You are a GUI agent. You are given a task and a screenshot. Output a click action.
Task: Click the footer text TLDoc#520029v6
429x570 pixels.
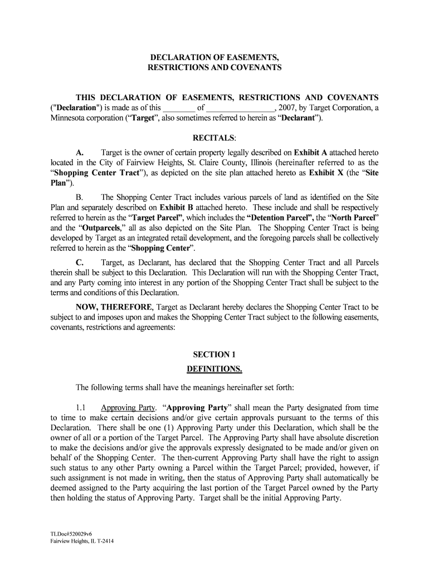(71, 534)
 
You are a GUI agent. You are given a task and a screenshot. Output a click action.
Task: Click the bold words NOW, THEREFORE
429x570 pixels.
(114, 307)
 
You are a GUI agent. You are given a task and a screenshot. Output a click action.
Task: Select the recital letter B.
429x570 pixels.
(80, 197)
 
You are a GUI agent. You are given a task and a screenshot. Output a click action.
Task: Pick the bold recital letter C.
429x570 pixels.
(80, 263)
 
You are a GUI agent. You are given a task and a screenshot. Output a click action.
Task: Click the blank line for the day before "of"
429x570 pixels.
(179, 108)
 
